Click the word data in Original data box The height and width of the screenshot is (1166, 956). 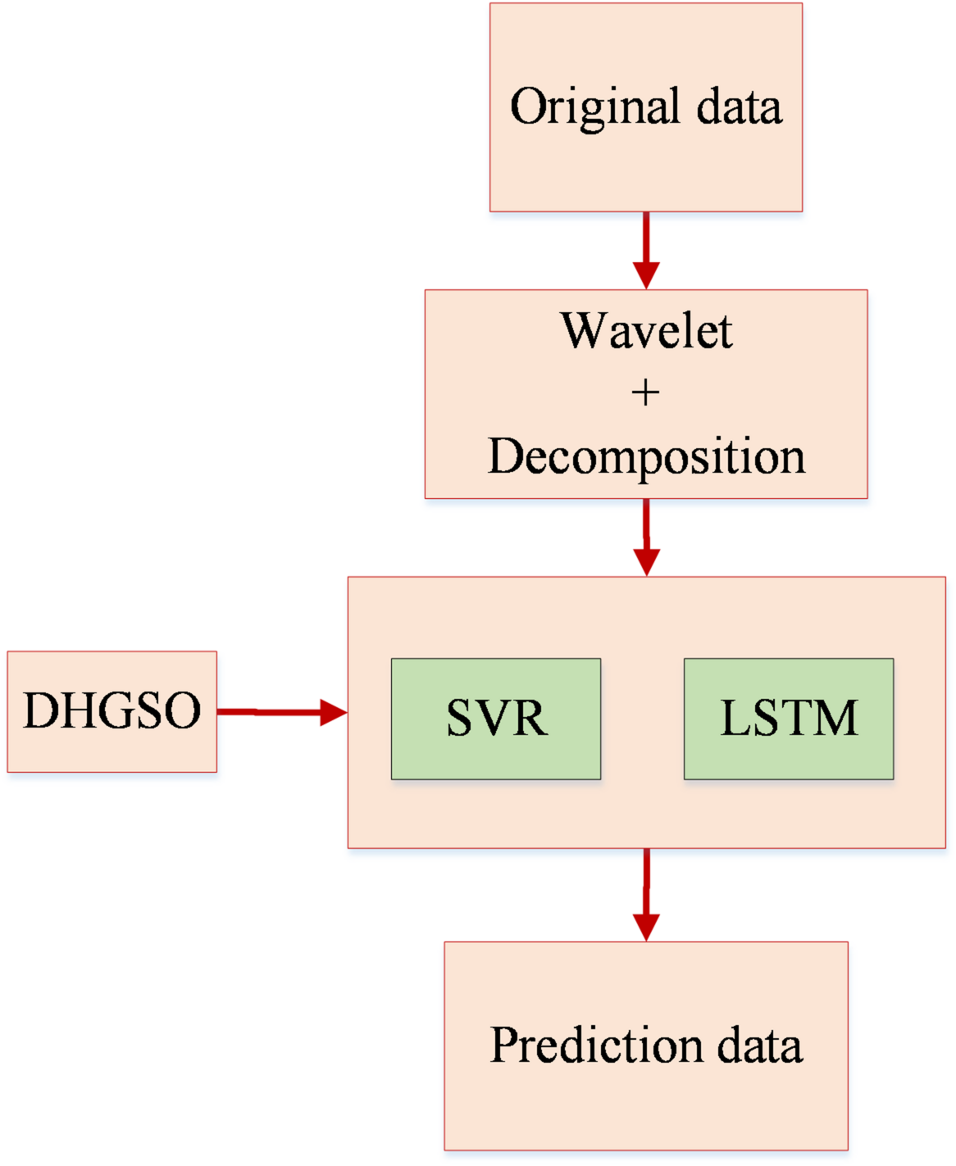(x=740, y=107)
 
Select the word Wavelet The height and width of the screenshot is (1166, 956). (x=646, y=331)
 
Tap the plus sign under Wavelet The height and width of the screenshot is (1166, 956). (x=645, y=393)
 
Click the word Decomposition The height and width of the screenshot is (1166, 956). (x=646, y=456)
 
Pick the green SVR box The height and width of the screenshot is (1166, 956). (x=496, y=719)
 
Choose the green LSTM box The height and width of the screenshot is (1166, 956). (x=789, y=719)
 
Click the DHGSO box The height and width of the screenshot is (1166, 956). (x=112, y=711)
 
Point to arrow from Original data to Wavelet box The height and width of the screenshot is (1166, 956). (x=646, y=246)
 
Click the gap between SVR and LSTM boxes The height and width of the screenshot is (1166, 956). (x=642, y=719)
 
